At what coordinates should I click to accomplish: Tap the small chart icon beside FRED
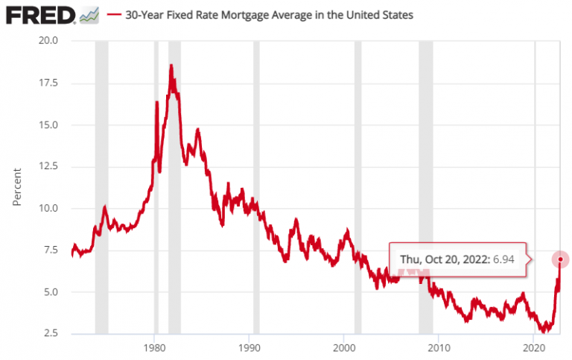point(89,14)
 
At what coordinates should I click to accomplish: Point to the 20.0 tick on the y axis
point(49,40)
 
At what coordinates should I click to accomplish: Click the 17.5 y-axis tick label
point(49,83)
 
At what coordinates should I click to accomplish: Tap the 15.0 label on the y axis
point(49,124)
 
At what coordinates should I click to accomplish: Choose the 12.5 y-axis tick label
point(49,166)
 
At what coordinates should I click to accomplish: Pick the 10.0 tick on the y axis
point(49,208)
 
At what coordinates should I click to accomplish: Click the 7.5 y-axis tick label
point(52,250)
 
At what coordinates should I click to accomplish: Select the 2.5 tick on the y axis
point(52,333)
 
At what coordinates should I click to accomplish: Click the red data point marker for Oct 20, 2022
point(560,259)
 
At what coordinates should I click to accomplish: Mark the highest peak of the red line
point(171,65)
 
